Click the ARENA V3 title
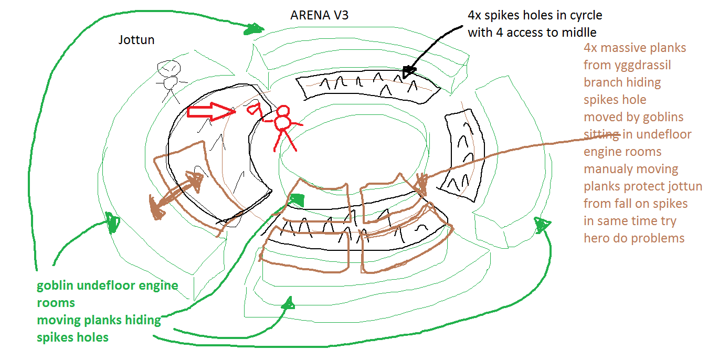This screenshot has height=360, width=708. (319, 15)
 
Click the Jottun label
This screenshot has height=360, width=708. (136, 39)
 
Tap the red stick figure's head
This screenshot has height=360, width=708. (283, 111)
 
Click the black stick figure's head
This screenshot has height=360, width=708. (170, 68)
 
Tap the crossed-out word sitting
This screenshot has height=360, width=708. (601, 134)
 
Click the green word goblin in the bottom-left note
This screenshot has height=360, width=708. (56, 286)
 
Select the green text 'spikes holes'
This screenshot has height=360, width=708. (72, 337)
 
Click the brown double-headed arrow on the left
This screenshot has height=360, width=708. (176, 192)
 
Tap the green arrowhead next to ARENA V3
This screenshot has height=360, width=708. (253, 29)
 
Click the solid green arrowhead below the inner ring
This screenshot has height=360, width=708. (297, 199)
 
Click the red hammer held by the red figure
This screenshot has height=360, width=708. (254, 110)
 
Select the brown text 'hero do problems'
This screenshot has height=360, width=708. (634, 238)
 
